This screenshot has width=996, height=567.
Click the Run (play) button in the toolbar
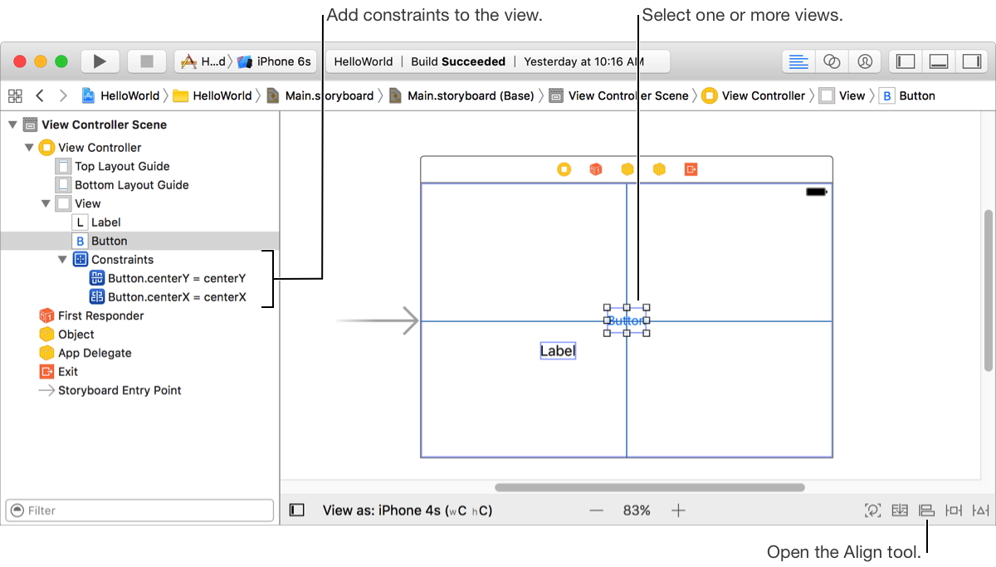100,61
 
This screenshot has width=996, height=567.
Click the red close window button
19,61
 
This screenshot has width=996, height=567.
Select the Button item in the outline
109,241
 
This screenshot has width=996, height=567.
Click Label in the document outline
105,222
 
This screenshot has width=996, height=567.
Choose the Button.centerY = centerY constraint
176,278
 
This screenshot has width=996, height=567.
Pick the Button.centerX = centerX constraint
176,296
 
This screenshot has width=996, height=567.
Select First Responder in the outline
100,315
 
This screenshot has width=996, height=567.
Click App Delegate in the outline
95,353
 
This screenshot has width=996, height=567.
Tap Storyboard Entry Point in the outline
119,390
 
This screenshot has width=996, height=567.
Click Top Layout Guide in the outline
121,166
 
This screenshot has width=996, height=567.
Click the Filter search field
139,511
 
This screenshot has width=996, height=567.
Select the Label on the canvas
558,351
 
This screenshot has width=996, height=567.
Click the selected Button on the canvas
626,320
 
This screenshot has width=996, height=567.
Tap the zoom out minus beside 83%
596,511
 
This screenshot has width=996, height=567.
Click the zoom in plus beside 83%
678,511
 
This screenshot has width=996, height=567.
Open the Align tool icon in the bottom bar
926,511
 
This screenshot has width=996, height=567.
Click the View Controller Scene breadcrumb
627,95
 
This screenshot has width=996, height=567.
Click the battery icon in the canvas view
817,192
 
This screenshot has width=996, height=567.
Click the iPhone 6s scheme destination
283,61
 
